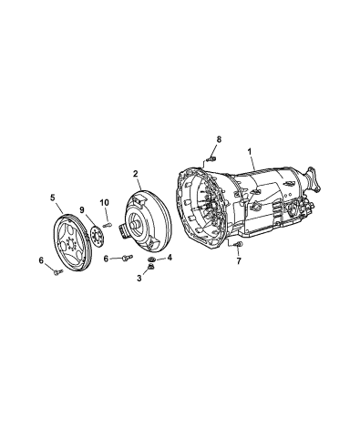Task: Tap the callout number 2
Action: [x=135, y=174]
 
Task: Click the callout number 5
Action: [x=53, y=196]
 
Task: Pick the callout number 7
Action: [x=239, y=261]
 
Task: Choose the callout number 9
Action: [x=81, y=210]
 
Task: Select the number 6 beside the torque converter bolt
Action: [x=106, y=259]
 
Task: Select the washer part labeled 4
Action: [x=150, y=260]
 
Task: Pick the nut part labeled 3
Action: [x=152, y=268]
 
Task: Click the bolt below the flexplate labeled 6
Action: [x=56, y=269]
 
